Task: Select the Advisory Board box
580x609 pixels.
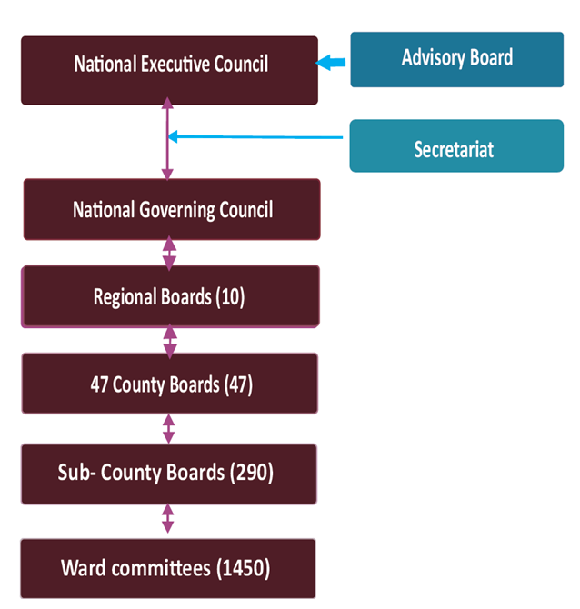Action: (456, 59)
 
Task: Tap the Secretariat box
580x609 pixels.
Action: (456, 145)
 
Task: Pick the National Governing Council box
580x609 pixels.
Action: (172, 209)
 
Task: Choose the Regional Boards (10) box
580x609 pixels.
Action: (170, 295)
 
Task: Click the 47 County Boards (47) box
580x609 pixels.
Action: (170, 384)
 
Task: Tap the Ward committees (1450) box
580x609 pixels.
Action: (168, 568)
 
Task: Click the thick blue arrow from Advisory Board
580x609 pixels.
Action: (333, 63)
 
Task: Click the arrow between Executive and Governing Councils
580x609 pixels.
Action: (167, 142)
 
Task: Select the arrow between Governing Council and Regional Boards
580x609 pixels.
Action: (168, 253)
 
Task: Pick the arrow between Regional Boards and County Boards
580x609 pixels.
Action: (169, 340)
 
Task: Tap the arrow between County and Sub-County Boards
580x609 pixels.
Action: (168, 428)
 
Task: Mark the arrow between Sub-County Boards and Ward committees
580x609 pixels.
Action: (167, 521)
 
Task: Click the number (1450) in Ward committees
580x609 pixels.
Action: (244, 569)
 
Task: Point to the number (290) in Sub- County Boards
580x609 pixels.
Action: (252, 473)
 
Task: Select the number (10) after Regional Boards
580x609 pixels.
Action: (231, 296)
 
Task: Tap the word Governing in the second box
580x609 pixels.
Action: (179, 210)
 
